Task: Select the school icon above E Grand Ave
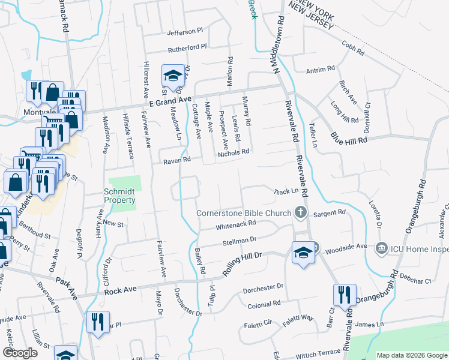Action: [173, 76]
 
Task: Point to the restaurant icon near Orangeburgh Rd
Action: [345, 295]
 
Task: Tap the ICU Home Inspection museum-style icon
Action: [381, 248]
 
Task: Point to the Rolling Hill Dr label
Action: [243, 263]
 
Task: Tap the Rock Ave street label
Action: [118, 292]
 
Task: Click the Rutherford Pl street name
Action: [187, 46]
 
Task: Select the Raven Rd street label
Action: [176, 160]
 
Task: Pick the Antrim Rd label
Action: [320, 71]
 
